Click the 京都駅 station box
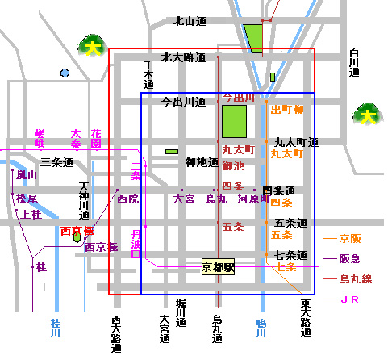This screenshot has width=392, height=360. click(218, 266)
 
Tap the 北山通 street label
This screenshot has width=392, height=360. click(190, 21)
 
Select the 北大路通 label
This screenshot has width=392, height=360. click(183, 57)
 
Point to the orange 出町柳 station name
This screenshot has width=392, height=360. click(286, 109)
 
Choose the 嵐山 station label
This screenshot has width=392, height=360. click(27, 174)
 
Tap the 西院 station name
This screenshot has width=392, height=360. click(127, 198)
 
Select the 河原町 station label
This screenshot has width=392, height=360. click(252, 199)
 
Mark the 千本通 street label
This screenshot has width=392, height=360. click(148, 74)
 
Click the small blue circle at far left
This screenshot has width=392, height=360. click(65, 73)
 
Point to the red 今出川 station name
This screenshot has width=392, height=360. click(239, 97)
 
